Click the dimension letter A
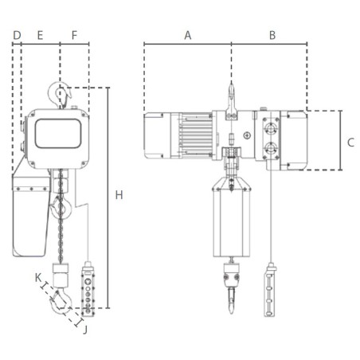click(188, 35)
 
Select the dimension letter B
click(272, 35)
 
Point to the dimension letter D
click(16, 35)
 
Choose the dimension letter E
click(40, 35)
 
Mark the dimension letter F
click(74, 35)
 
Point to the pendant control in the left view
click(88, 286)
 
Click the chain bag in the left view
click(30, 215)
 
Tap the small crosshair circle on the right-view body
click(248, 136)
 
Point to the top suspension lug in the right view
click(231, 97)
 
